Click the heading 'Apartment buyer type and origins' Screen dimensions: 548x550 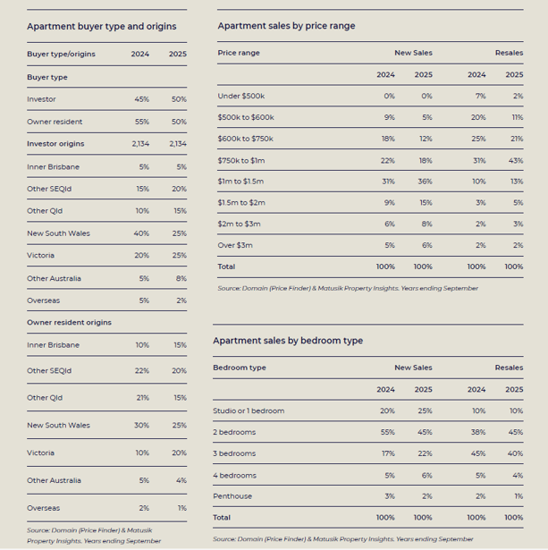pyautogui.click(x=102, y=27)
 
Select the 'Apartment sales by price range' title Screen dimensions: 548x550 pyautogui.click(x=286, y=26)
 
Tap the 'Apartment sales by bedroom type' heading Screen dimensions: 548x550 pyautogui.click(x=288, y=341)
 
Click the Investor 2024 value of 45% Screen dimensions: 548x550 pyautogui.click(x=142, y=99)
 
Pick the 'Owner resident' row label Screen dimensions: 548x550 pyautogui.click(x=55, y=122)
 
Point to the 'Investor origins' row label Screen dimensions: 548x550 pyautogui.click(x=55, y=144)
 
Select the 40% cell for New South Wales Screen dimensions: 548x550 pyautogui.click(x=141, y=233)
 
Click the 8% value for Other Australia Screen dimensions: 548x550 pyautogui.click(x=181, y=278)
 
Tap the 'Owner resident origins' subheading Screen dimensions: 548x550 pyautogui.click(x=69, y=322)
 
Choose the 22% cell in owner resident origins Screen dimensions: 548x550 pyautogui.click(x=142, y=371)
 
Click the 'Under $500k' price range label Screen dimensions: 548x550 pyautogui.click(x=241, y=96)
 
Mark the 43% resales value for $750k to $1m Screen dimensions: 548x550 pyautogui.click(x=516, y=161)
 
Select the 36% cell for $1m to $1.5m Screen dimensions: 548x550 pyautogui.click(x=425, y=182)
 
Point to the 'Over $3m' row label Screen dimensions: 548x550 pyautogui.click(x=235, y=245)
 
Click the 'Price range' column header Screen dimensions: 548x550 pyautogui.click(x=239, y=53)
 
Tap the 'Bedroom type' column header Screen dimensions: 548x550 pyautogui.click(x=240, y=368)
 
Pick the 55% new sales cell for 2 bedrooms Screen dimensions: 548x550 pyautogui.click(x=388, y=432)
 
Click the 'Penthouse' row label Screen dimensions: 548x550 pyautogui.click(x=232, y=496)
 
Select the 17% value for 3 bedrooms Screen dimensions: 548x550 pyautogui.click(x=389, y=453)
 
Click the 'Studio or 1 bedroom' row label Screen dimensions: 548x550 pyautogui.click(x=249, y=410)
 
